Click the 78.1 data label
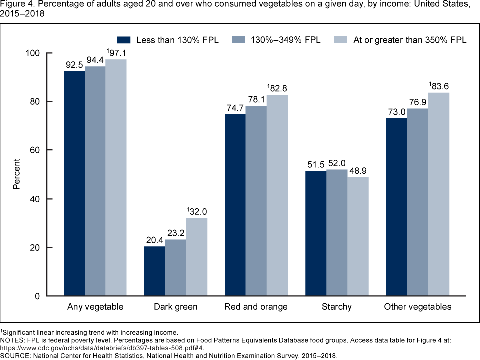(256, 99)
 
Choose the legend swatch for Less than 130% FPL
(124, 39)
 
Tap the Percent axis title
(17, 174)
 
